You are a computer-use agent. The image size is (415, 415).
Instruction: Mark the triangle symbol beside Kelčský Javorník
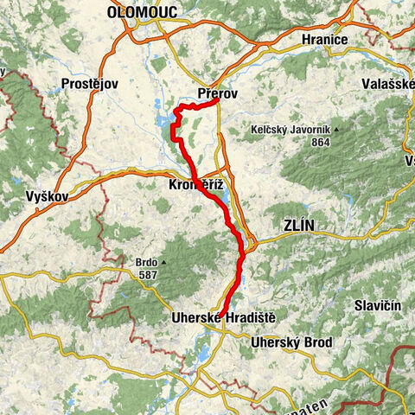[x=337, y=130]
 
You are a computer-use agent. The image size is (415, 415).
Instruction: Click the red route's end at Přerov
[x=214, y=102]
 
